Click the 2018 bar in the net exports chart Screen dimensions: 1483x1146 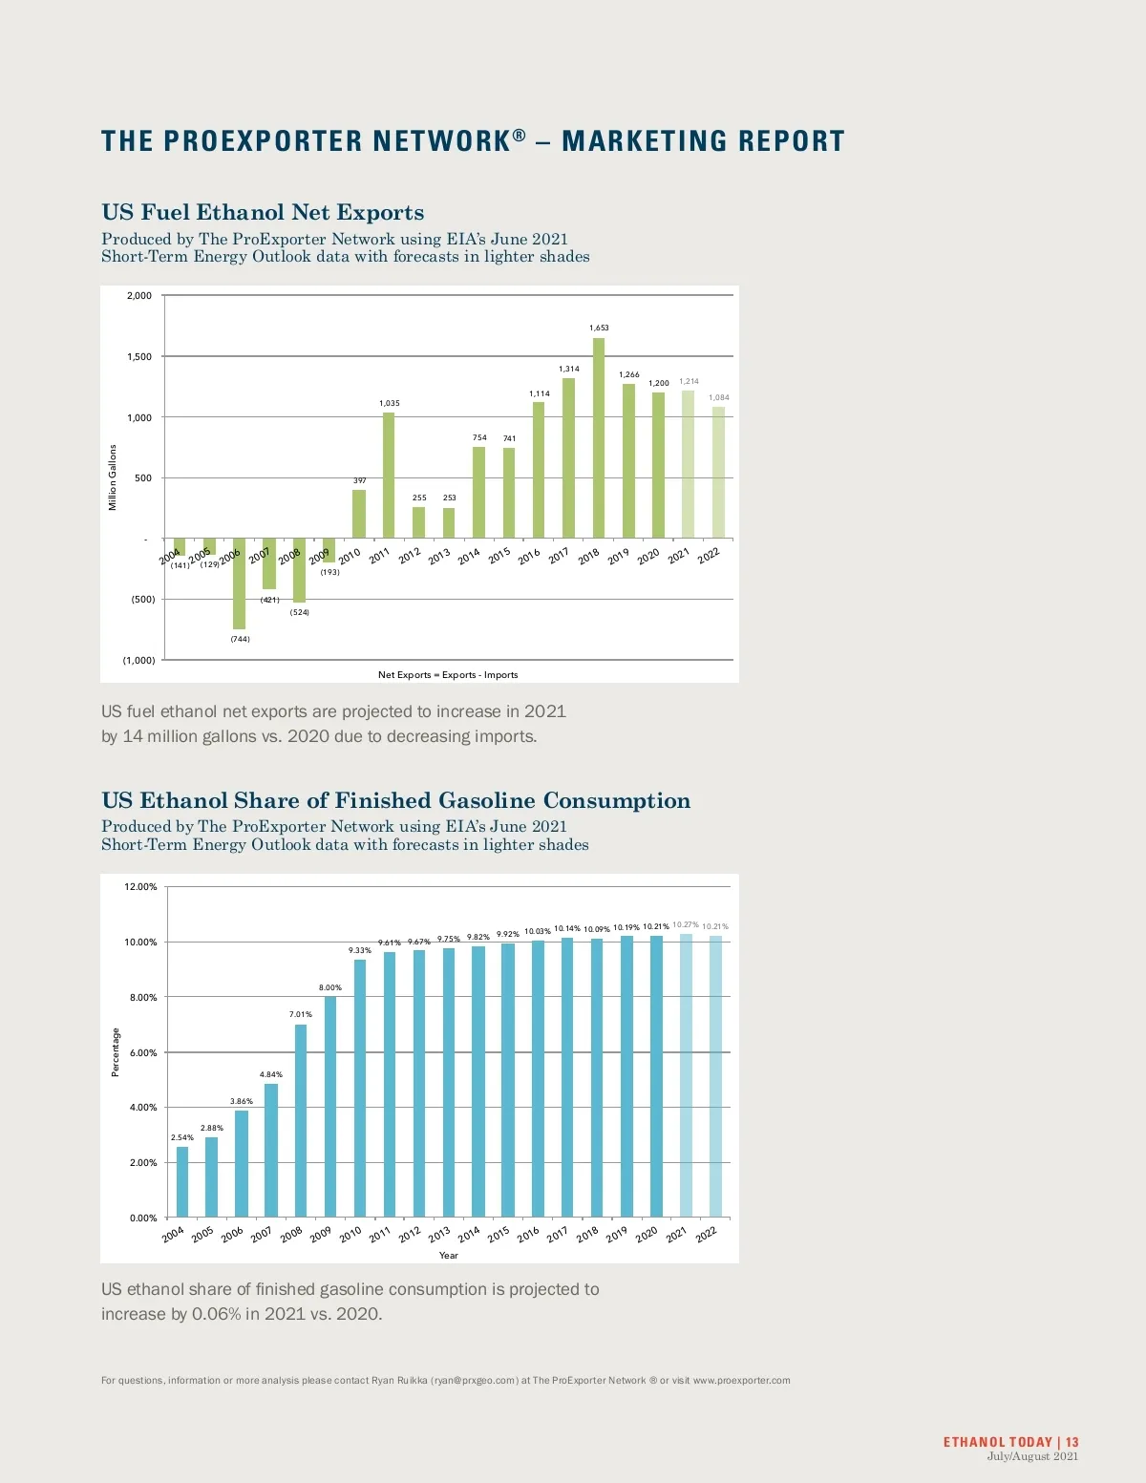pyautogui.click(x=599, y=438)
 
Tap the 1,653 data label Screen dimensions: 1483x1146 pyautogui.click(x=599, y=328)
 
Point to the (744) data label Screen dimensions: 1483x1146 pyautogui.click(x=240, y=639)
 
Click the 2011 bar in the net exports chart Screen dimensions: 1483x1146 pyautogui.click(x=389, y=476)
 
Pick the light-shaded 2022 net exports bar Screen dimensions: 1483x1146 pyautogui.click(x=718, y=473)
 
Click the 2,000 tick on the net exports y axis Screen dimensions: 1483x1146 pyautogui.click(x=139, y=296)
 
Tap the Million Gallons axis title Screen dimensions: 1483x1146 pyautogui.click(x=113, y=477)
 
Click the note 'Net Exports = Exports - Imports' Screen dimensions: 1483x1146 pyautogui.click(x=448, y=675)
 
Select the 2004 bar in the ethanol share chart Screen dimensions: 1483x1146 pyautogui.click(x=182, y=1181)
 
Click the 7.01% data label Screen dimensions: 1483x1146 pyautogui.click(x=300, y=1014)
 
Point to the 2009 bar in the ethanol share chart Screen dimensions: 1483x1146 pyautogui.click(x=330, y=1107)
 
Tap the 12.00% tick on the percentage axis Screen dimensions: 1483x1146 pyautogui.click(x=141, y=887)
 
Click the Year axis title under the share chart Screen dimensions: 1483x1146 pyautogui.click(x=448, y=1256)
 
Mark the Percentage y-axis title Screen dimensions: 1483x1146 pyautogui.click(x=117, y=1052)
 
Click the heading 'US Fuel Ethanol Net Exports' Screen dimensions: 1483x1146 pyautogui.click(x=263, y=213)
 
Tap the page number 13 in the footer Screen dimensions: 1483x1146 pyautogui.click(x=1072, y=1442)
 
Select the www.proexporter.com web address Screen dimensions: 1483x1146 pyautogui.click(x=741, y=1380)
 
